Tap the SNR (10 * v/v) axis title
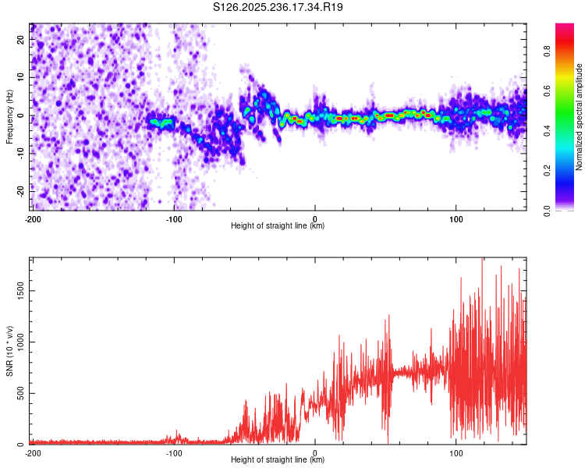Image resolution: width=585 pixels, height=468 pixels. tap(10, 351)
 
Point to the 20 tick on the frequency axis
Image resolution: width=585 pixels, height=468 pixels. tap(20, 39)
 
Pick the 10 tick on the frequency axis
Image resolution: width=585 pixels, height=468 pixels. tap(20, 77)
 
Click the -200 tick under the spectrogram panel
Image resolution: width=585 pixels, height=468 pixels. tap(33, 218)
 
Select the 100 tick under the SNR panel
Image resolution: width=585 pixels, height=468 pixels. tap(456, 452)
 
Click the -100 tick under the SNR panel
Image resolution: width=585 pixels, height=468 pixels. tap(174, 452)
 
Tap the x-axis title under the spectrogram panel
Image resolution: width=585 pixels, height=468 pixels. tap(278, 226)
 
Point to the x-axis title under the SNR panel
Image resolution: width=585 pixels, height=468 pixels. tap(278, 460)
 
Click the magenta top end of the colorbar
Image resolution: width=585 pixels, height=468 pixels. tap(565, 27)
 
